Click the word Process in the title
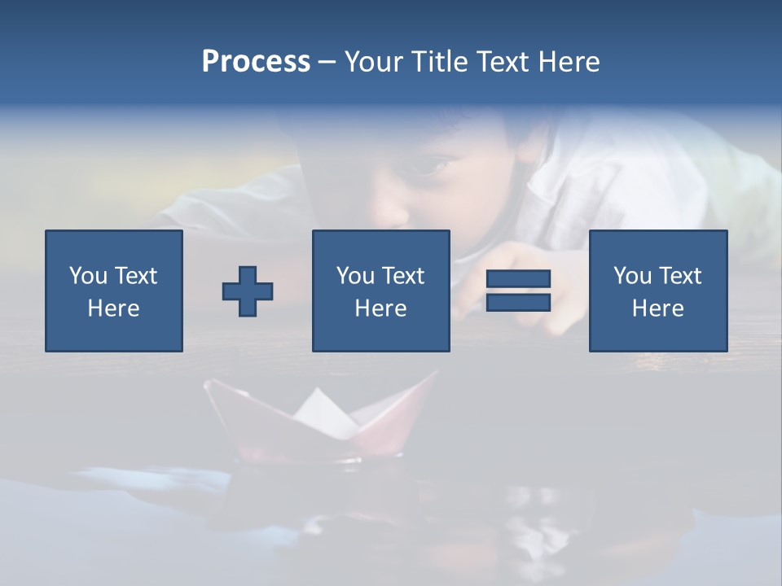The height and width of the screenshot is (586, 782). pyautogui.click(x=256, y=62)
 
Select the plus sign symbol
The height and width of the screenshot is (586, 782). pyautogui.click(x=248, y=291)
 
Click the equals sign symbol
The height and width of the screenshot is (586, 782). pyautogui.click(x=518, y=291)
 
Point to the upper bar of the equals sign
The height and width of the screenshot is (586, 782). pyautogui.click(x=518, y=279)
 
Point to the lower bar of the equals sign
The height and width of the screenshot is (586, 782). pyautogui.click(x=518, y=302)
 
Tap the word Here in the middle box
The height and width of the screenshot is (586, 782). pyautogui.click(x=380, y=308)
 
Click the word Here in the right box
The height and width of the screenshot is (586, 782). pyautogui.click(x=657, y=308)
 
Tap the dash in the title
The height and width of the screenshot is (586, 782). pyautogui.click(x=327, y=62)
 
